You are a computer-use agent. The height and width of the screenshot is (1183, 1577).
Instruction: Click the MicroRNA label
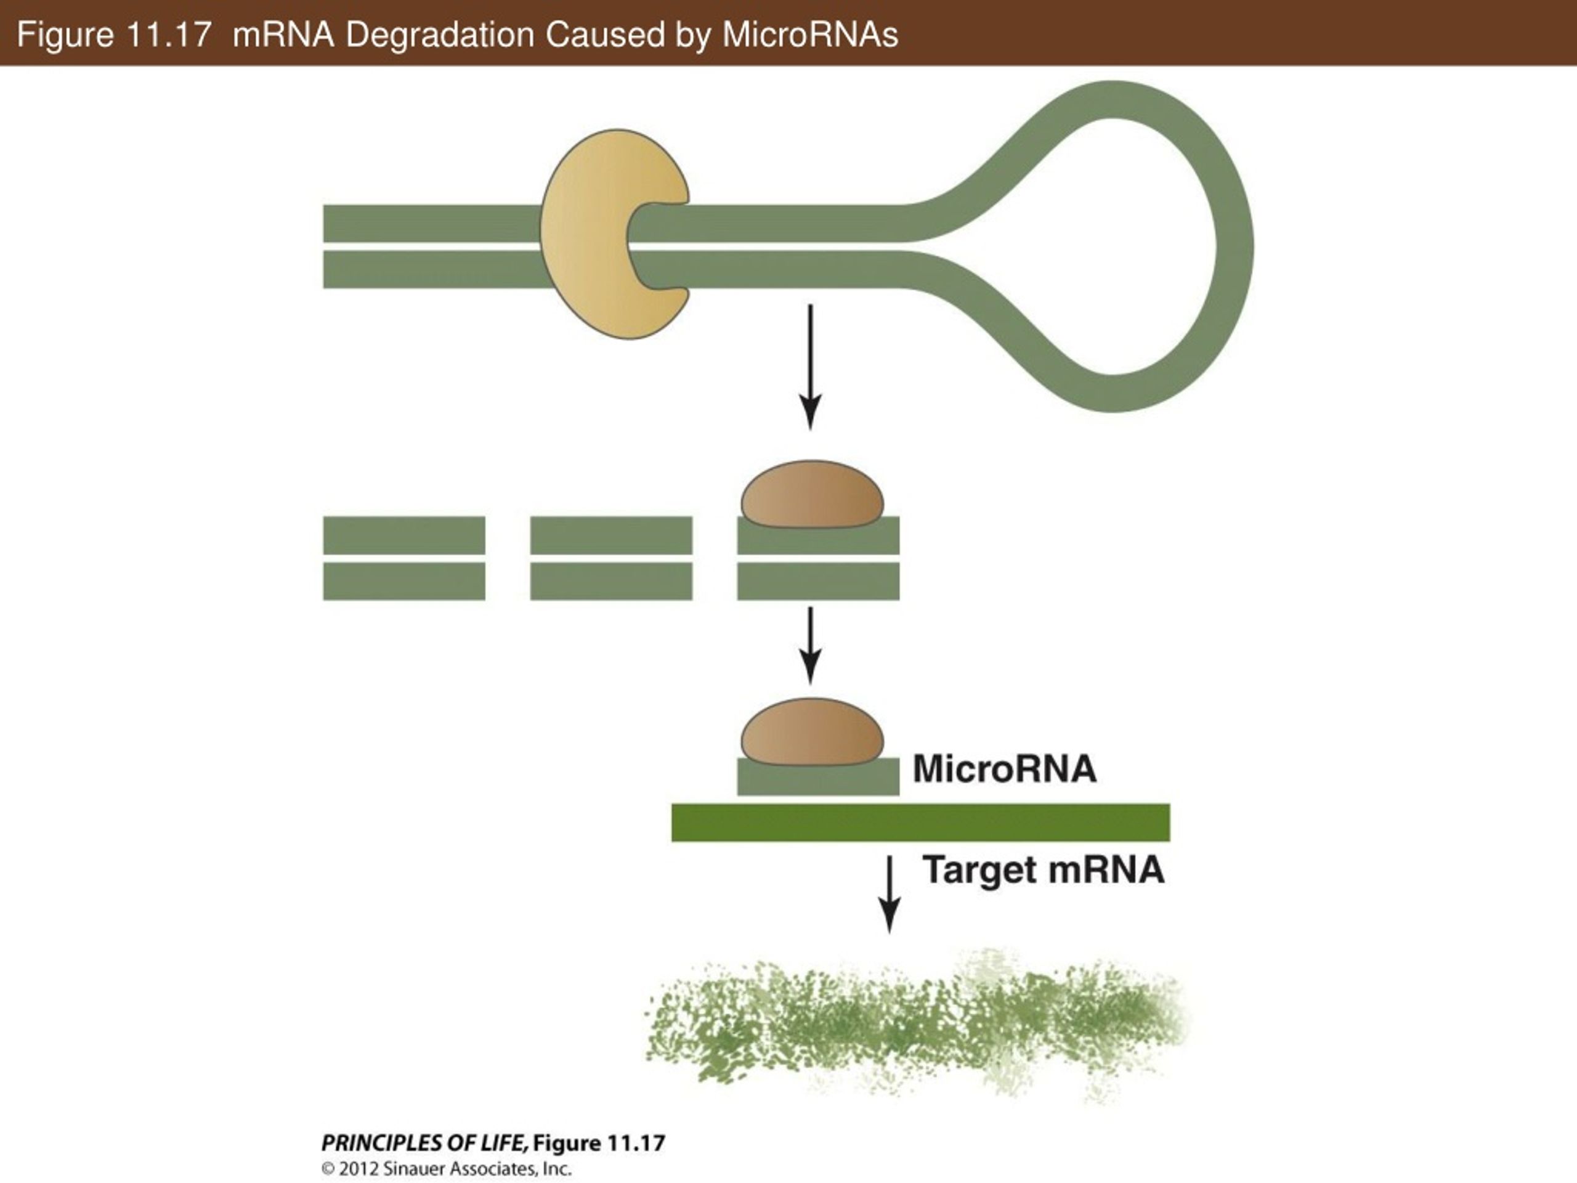click(1005, 769)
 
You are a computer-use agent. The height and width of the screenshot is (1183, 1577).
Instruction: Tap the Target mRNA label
click(1044, 871)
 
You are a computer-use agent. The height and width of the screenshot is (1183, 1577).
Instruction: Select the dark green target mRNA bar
click(920, 822)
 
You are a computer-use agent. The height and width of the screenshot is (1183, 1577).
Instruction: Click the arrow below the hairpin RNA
click(810, 367)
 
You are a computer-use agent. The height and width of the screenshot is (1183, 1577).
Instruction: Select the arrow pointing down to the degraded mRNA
click(889, 894)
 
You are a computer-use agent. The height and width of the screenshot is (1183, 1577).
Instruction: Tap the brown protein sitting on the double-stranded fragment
click(812, 494)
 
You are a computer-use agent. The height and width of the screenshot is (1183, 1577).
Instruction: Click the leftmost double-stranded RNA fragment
click(404, 558)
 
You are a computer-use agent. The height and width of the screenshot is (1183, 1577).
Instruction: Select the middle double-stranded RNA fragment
click(611, 558)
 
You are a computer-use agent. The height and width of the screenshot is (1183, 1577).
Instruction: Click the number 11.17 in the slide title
click(167, 35)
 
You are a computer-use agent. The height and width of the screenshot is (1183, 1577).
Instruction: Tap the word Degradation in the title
click(440, 35)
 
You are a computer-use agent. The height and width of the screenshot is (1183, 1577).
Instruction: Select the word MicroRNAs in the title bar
click(810, 35)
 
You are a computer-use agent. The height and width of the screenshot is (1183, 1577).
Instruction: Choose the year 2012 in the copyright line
click(359, 1169)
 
